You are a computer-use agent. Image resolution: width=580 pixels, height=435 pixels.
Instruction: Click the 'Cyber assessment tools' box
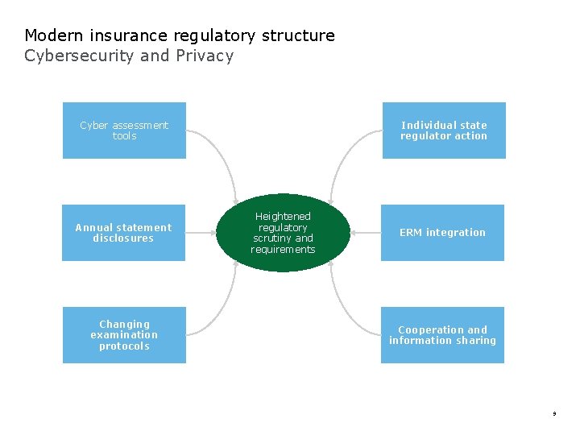pyautogui.click(x=124, y=130)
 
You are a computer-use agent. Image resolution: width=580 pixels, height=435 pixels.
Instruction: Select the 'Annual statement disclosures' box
pyautogui.click(x=123, y=233)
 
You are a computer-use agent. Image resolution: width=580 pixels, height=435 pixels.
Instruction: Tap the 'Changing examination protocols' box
pyautogui.click(x=124, y=335)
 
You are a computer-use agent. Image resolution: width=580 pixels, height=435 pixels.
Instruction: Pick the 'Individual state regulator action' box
pyautogui.click(x=444, y=130)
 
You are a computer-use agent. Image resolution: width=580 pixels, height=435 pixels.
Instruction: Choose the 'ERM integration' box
pyautogui.click(x=442, y=233)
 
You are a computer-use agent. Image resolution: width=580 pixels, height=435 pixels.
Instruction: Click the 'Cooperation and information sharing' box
pyautogui.click(x=442, y=335)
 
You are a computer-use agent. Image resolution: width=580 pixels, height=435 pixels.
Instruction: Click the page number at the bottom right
pyautogui.click(x=554, y=414)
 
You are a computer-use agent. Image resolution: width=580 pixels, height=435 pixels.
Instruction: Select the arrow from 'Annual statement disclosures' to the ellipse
pyautogui.click(x=201, y=233)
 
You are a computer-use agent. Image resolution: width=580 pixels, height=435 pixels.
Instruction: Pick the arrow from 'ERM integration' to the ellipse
pyautogui.click(x=365, y=233)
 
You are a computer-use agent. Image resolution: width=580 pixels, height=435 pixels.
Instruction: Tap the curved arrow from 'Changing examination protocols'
pyautogui.click(x=222, y=306)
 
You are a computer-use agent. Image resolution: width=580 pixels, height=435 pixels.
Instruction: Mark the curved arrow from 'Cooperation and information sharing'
pyautogui.click(x=345, y=306)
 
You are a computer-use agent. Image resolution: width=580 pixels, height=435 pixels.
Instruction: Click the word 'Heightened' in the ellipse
pyautogui.click(x=283, y=217)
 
